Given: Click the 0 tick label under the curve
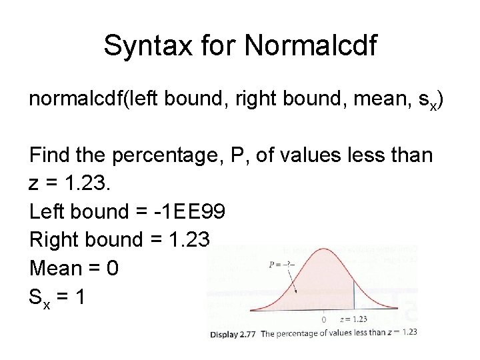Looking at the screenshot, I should point(323,319).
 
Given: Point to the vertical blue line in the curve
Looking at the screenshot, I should point(353,293).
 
